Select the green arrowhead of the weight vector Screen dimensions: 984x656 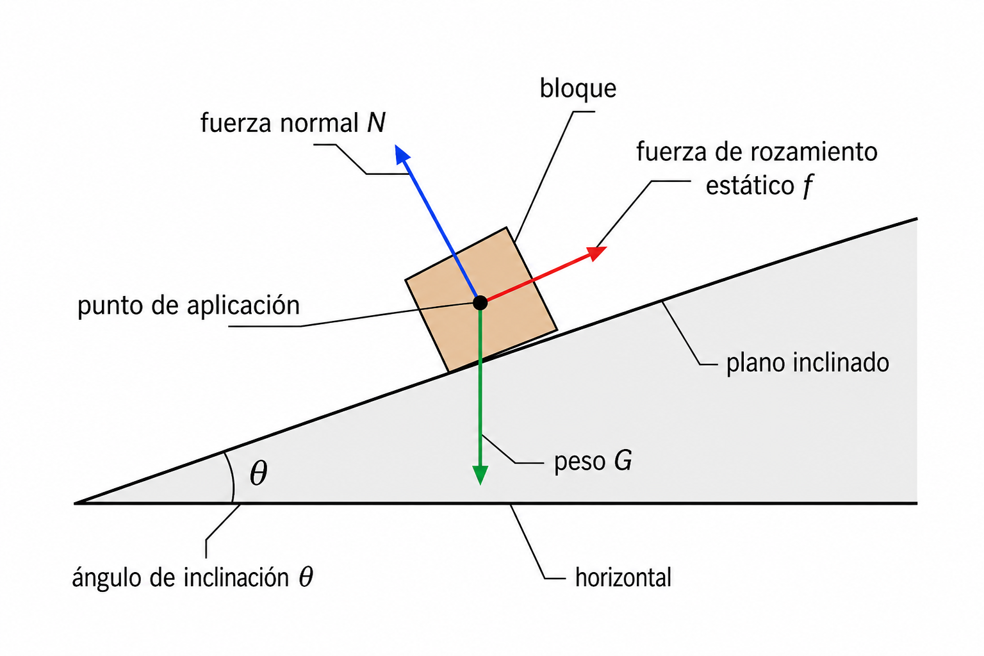480,475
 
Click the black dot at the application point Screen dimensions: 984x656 480,303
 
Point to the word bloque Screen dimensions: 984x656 578,89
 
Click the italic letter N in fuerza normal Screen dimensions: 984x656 377,122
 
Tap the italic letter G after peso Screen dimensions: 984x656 623,461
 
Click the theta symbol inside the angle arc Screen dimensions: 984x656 258,473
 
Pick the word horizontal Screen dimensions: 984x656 623,577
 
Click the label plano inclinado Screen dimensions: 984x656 807,363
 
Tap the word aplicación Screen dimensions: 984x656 243,305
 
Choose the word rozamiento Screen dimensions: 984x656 814,152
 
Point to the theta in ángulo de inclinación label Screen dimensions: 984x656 306,577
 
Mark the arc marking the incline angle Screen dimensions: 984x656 231,477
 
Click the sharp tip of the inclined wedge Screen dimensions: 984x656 75,503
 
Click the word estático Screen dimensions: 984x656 750,186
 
